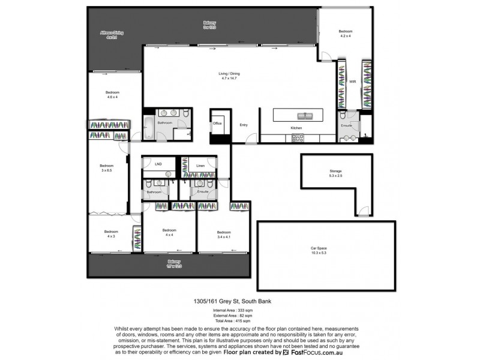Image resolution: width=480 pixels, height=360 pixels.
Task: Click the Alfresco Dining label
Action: coord(111,35)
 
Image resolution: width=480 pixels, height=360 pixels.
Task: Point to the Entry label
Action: coord(244,125)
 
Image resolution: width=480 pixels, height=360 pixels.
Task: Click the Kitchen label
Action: coord(296,128)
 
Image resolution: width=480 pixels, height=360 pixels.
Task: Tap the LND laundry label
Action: coord(158,163)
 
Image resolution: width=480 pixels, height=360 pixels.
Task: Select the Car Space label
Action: coord(326,250)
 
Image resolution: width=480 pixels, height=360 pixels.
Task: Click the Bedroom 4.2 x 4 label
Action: coord(345,34)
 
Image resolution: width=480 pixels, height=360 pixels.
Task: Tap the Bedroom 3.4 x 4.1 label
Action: coord(224,235)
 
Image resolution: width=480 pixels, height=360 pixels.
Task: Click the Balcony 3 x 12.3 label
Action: coord(209,25)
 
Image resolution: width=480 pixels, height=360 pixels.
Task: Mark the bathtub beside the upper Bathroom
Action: coord(148,127)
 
